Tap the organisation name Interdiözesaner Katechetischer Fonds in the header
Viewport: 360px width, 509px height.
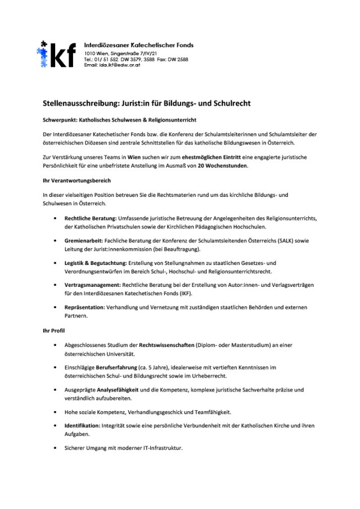pos(138,44)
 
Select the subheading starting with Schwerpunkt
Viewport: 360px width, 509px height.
pos(119,120)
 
